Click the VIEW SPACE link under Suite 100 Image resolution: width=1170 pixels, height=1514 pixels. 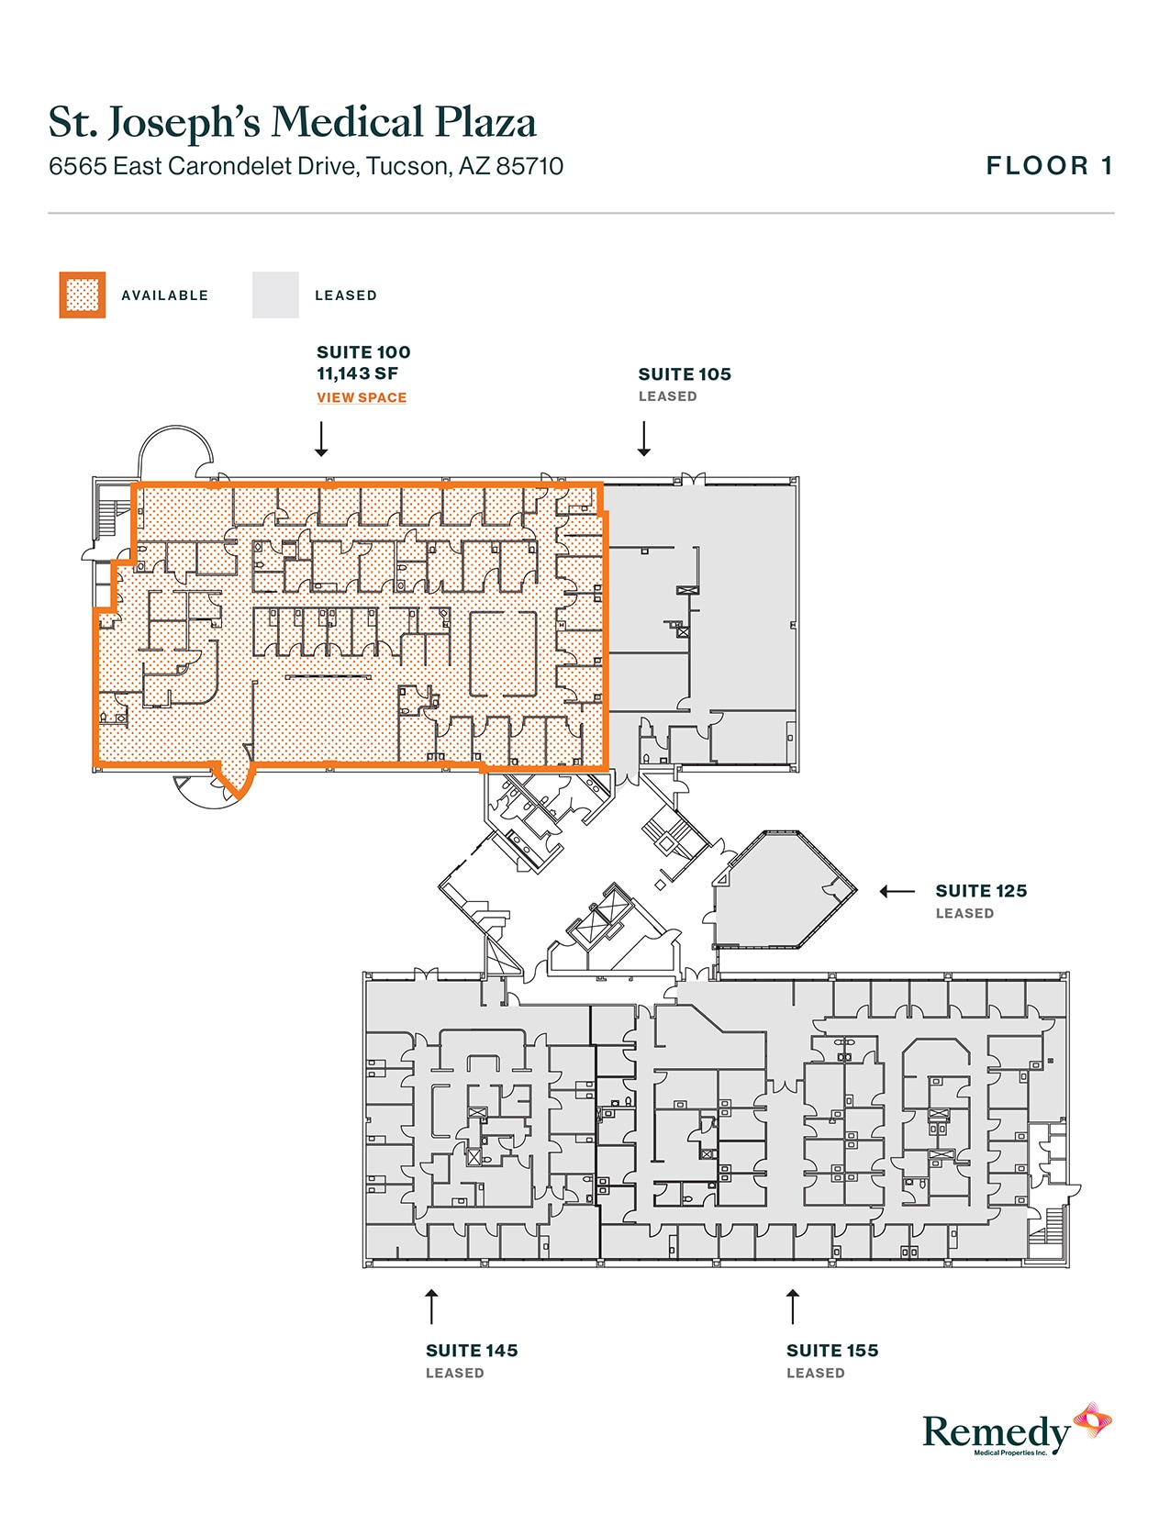(362, 397)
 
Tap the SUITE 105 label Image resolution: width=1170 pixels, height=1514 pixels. (685, 374)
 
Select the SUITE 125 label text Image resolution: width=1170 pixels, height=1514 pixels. (981, 891)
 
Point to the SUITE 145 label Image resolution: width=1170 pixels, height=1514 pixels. (472, 1351)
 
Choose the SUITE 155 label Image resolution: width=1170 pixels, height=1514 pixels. (832, 1351)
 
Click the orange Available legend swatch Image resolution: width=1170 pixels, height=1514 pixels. (83, 295)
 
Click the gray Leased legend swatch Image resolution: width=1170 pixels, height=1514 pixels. (275, 295)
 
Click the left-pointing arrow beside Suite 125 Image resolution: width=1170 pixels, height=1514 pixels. (897, 891)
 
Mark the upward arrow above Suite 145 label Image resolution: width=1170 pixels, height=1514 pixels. (431, 1306)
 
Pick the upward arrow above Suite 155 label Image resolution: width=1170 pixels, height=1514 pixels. (793, 1306)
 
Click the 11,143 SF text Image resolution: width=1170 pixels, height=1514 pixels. (357, 373)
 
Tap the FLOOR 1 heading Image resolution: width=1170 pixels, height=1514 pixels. (1050, 166)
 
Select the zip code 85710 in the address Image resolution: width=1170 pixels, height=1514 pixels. (529, 166)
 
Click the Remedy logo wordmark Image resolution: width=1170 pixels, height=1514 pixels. (997, 1432)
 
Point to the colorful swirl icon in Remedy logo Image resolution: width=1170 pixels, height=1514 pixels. (1093, 1421)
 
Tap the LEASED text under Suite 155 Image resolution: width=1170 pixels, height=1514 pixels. (815, 1373)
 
